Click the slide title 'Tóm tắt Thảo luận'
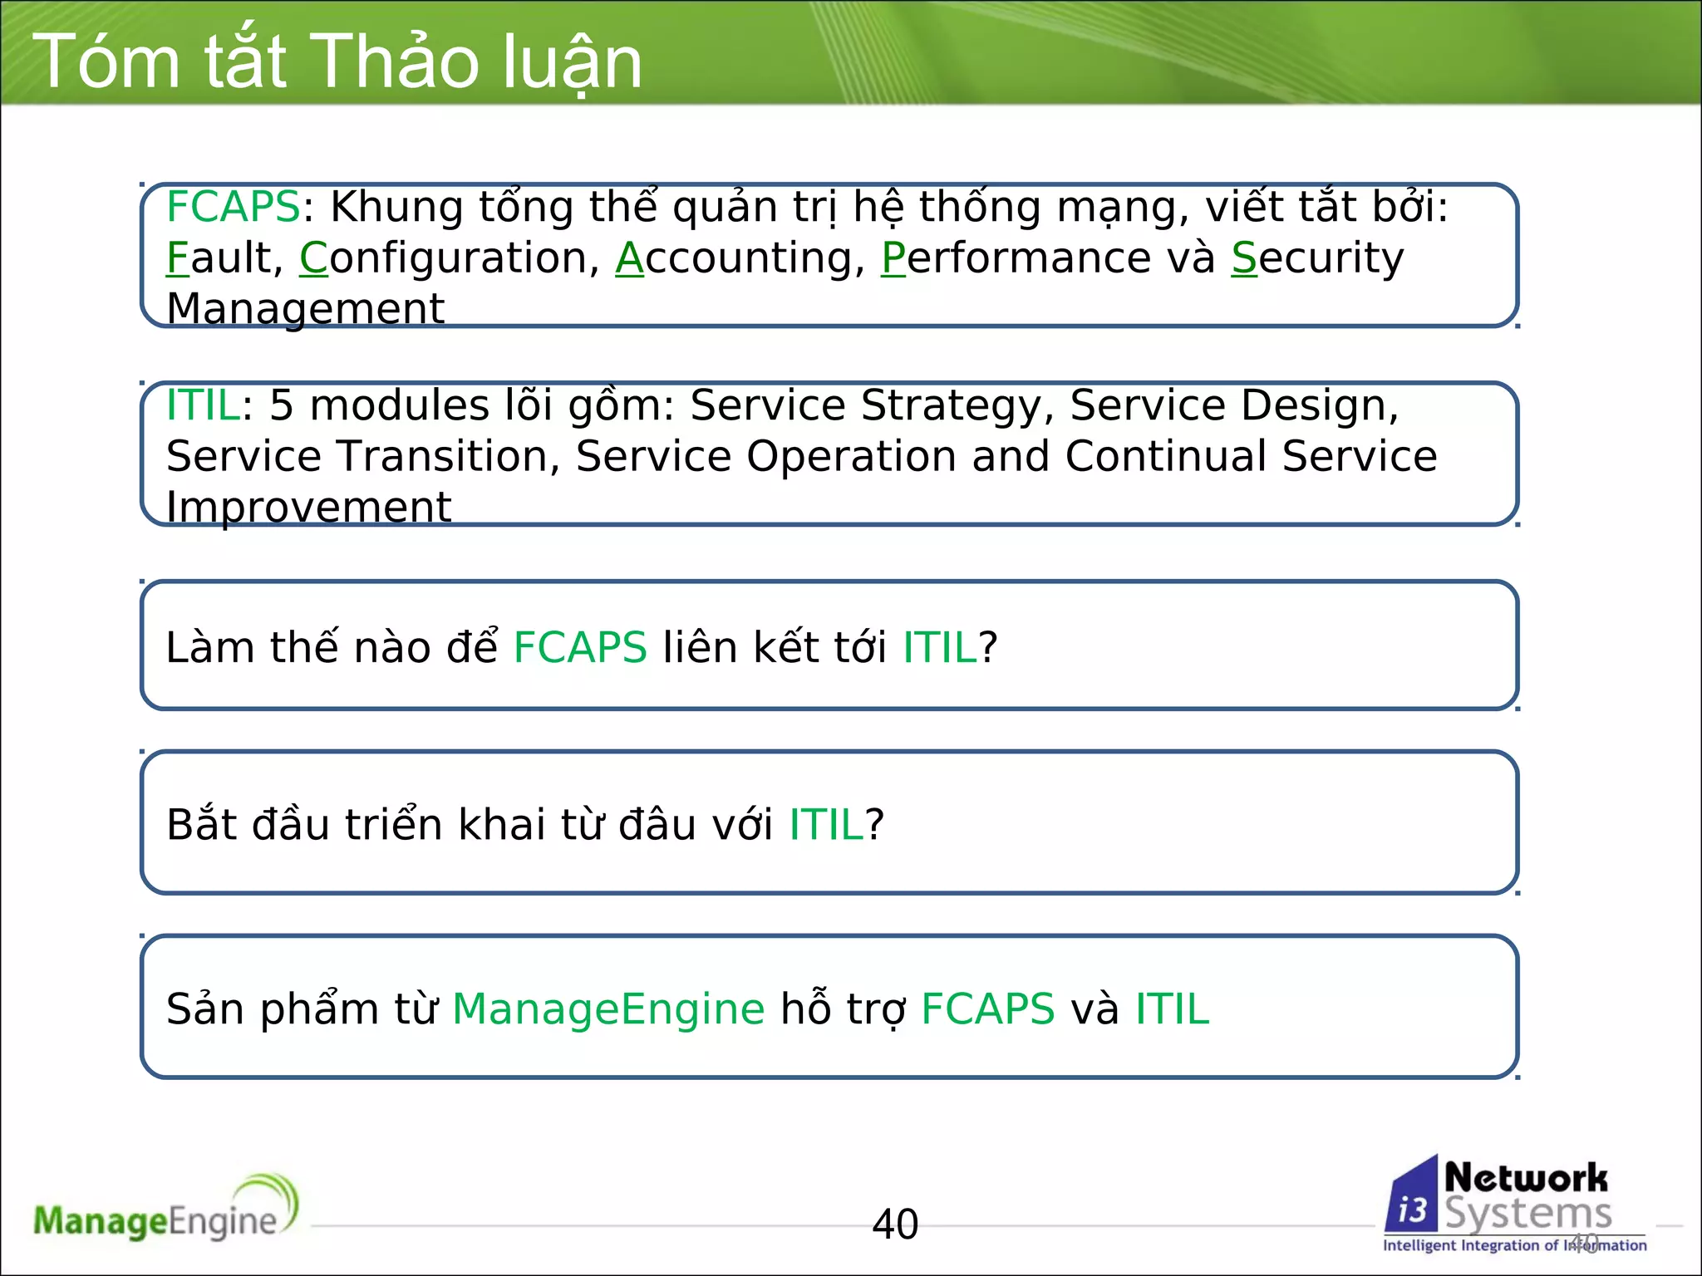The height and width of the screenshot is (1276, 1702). [337, 61]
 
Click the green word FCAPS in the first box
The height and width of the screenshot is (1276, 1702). [233, 207]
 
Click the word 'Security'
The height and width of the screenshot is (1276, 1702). [1317, 258]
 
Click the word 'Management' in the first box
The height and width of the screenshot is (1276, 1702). [305, 309]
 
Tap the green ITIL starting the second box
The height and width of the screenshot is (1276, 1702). [203, 406]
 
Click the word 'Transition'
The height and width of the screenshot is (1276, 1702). [444, 457]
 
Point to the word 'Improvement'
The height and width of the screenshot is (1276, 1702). [308, 508]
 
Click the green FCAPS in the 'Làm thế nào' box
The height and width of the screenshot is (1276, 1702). [579, 648]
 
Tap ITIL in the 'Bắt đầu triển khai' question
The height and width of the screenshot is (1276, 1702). [826, 825]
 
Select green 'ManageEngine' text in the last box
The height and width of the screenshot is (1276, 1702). [608, 1009]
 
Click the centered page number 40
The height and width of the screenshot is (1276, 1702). [895, 1224]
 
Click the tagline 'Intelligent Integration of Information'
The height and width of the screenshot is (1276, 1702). [1514, 1245]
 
